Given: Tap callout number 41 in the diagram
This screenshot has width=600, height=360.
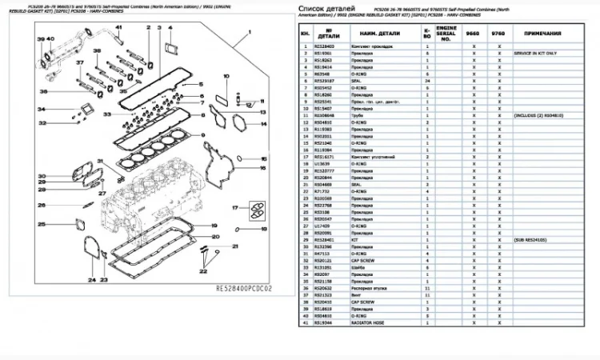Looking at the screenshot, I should coord(117,30).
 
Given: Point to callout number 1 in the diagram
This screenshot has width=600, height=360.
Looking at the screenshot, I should coord(250,30).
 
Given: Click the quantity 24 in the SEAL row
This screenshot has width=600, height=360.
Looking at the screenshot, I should coord(427,81).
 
